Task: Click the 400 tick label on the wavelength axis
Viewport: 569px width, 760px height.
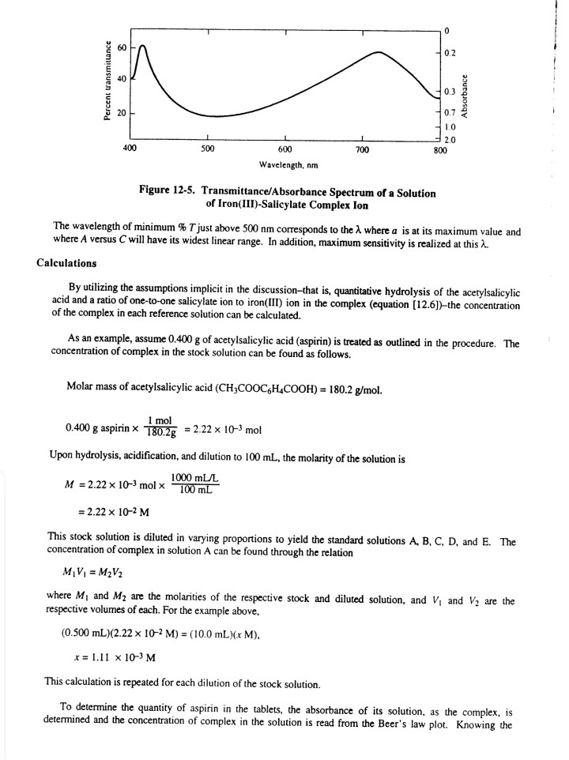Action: point(130,149)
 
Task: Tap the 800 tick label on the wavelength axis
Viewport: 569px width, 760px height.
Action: point(440,149)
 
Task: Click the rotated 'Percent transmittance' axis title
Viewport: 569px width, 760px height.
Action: point(104,81)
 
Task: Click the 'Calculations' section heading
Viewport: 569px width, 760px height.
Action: point(67,263)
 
